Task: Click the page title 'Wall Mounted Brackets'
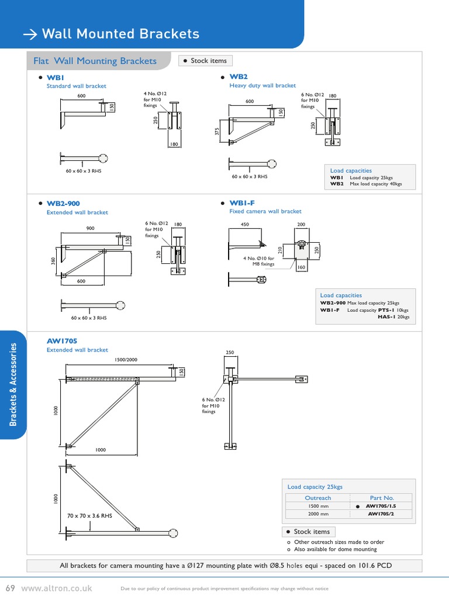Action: pos(120,34)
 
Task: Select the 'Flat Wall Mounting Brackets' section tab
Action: pos(95,61)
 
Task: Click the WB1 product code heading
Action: pos(55,77)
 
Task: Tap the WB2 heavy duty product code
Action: pos(239,77)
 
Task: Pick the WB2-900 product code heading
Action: pos(63,204)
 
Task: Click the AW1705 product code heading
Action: pos(62,340)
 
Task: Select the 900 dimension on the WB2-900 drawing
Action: pos(90,229)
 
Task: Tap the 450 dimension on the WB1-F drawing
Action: pos(244,224)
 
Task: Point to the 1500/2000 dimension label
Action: pos(126,360)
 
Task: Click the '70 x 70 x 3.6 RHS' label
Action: pos(89,516)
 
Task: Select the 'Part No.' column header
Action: pos(382,498)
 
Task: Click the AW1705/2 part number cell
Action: pos(382,514)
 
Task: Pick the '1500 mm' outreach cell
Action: pos(318,506)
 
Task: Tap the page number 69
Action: pos(10,587)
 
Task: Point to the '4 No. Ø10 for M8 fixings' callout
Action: pos(258,261)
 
